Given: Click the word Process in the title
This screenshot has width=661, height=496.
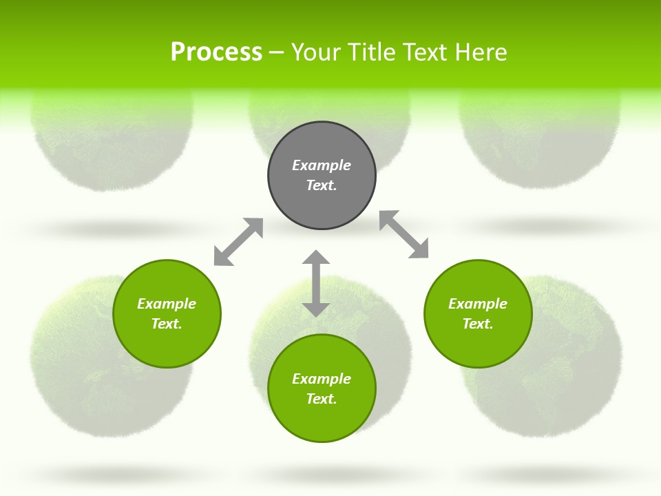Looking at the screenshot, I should [x=216, y=52].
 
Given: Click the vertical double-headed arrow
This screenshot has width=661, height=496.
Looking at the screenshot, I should [x=316, y=283].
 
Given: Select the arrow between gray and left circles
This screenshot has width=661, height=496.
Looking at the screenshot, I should [x=238, y=242].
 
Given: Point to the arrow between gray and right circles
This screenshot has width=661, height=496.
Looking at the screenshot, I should [x=404, y=234].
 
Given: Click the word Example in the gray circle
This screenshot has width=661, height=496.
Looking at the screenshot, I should [x=322, y=165].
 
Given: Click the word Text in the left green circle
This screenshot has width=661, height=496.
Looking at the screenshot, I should [x=166, y=324].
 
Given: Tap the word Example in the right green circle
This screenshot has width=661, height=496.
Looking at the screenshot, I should [x=478, y=304].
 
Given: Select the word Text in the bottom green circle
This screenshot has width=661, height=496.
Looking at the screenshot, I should [x=321, y=399].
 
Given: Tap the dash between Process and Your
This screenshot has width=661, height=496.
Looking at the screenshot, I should [x=277, y=53].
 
